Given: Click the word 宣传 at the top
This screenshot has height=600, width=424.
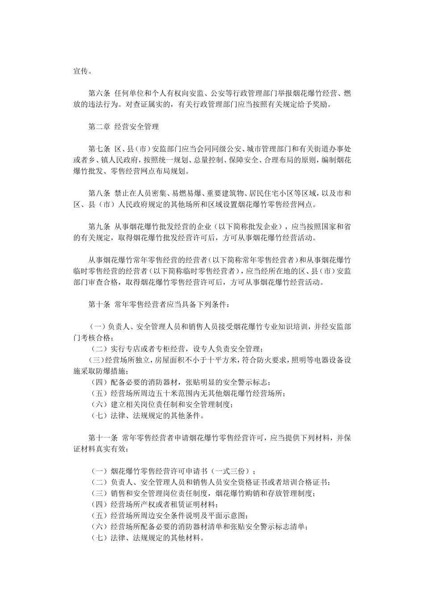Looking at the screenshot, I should [x=81, y=71].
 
